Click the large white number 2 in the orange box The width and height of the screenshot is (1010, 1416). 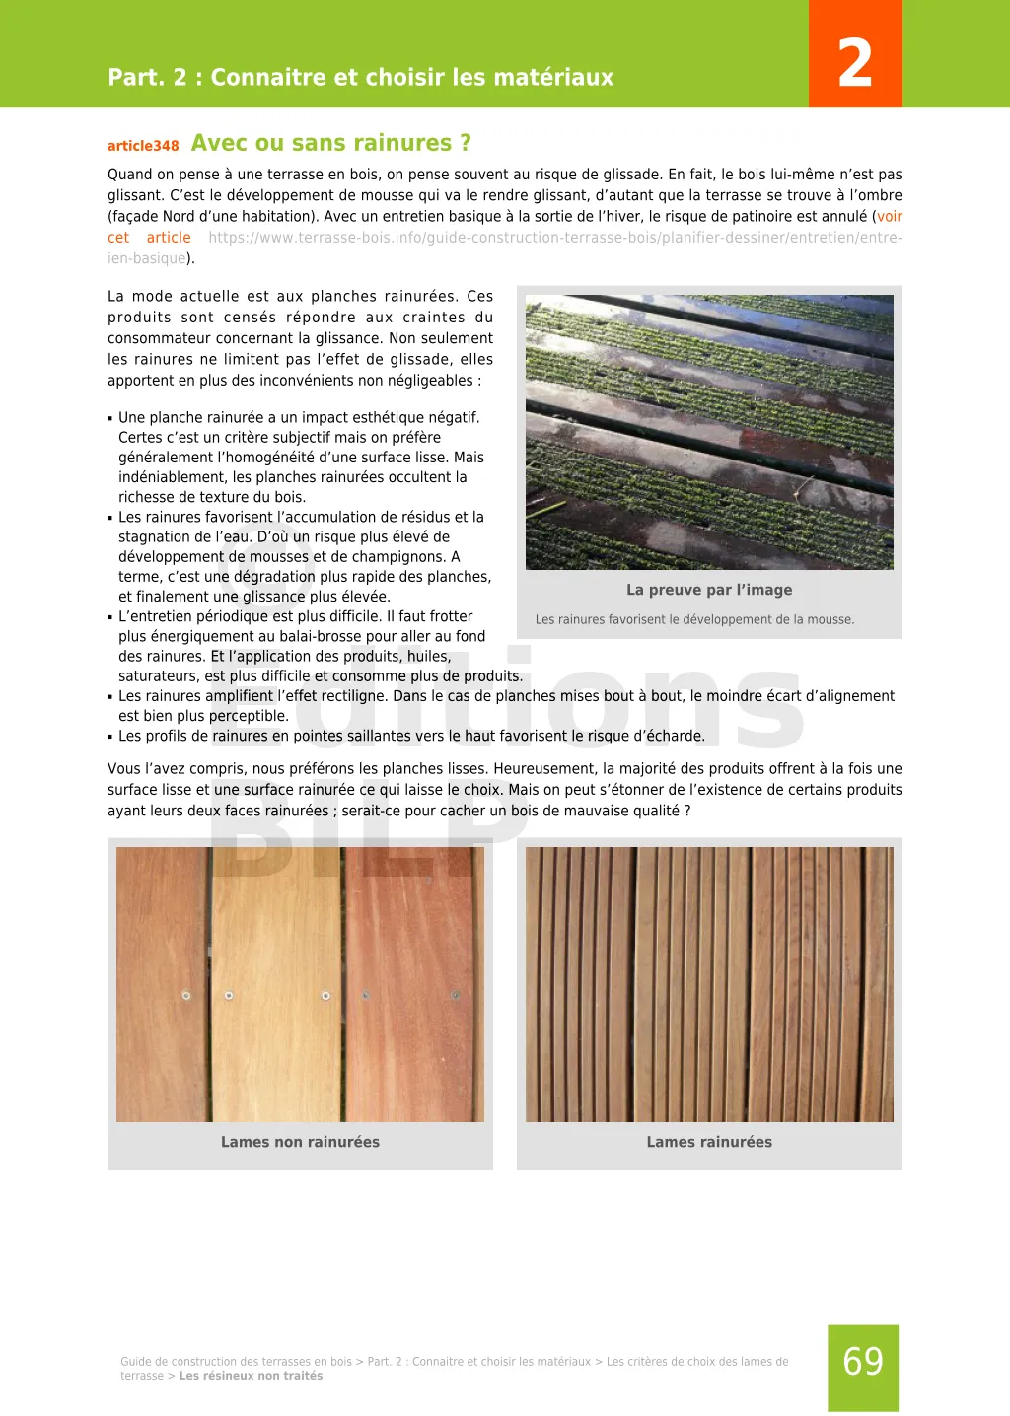click(855, 62)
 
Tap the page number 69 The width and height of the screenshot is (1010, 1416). click(863, 1362)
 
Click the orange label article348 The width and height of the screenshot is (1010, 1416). click(143, 146)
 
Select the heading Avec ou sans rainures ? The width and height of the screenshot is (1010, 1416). click(331, 143)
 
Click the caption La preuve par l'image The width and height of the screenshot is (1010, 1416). click(709, 590)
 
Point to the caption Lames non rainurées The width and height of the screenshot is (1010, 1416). click(300, 1142)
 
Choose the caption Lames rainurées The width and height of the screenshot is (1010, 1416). click(709, 1142)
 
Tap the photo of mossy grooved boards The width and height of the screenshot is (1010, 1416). click(709, 432)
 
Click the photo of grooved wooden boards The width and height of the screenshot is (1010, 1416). click(709, 984)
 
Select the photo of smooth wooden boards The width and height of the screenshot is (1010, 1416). click(300, 984)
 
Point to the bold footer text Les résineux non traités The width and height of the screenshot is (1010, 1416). click(251, 1376)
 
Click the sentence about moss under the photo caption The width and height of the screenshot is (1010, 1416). click(694, 620)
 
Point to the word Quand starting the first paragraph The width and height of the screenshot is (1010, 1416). click(129, 175)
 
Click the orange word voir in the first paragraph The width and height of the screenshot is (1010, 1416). click(890, 217)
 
